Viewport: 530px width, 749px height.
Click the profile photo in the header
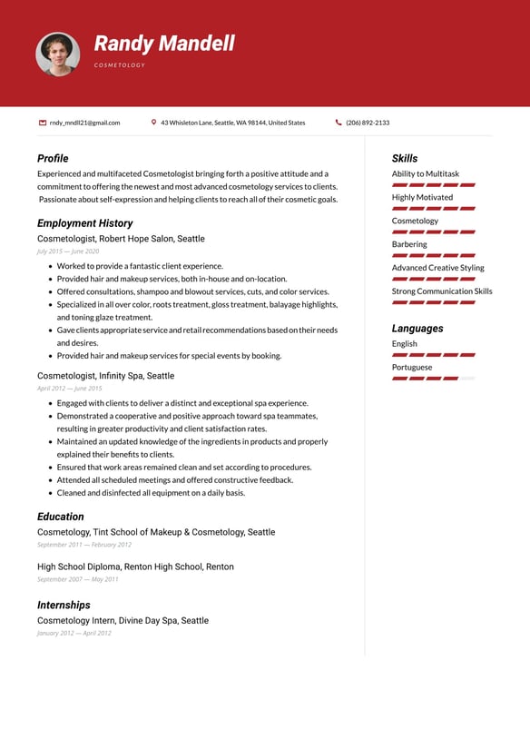[57, 54]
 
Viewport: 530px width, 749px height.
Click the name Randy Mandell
[164, 43]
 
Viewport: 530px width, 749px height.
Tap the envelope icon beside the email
[43, 123]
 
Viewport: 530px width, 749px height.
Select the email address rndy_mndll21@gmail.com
[84, 123]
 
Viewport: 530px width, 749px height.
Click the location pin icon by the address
[154, 123]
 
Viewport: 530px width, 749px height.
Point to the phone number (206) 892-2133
[368, 123]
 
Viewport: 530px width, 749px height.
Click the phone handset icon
[339, 123]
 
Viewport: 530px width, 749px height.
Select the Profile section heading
[53, 158]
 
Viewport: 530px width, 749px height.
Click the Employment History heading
[84, 222]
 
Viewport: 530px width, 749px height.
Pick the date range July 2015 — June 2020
[68, 251]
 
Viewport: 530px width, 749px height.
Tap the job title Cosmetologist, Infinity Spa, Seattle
[105, 375]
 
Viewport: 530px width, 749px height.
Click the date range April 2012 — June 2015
[69, 389]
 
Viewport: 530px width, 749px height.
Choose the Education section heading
[60, 517]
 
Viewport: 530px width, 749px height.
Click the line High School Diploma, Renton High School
[135, 567]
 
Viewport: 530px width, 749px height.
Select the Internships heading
[64, 605]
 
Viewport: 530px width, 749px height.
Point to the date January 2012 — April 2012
[74, 633]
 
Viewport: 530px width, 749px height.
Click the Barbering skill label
[409, 244]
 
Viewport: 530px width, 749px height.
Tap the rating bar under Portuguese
[433, 378]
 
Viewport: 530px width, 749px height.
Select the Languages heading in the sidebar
[417, 328]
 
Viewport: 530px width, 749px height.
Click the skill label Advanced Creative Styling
[437, 268]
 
